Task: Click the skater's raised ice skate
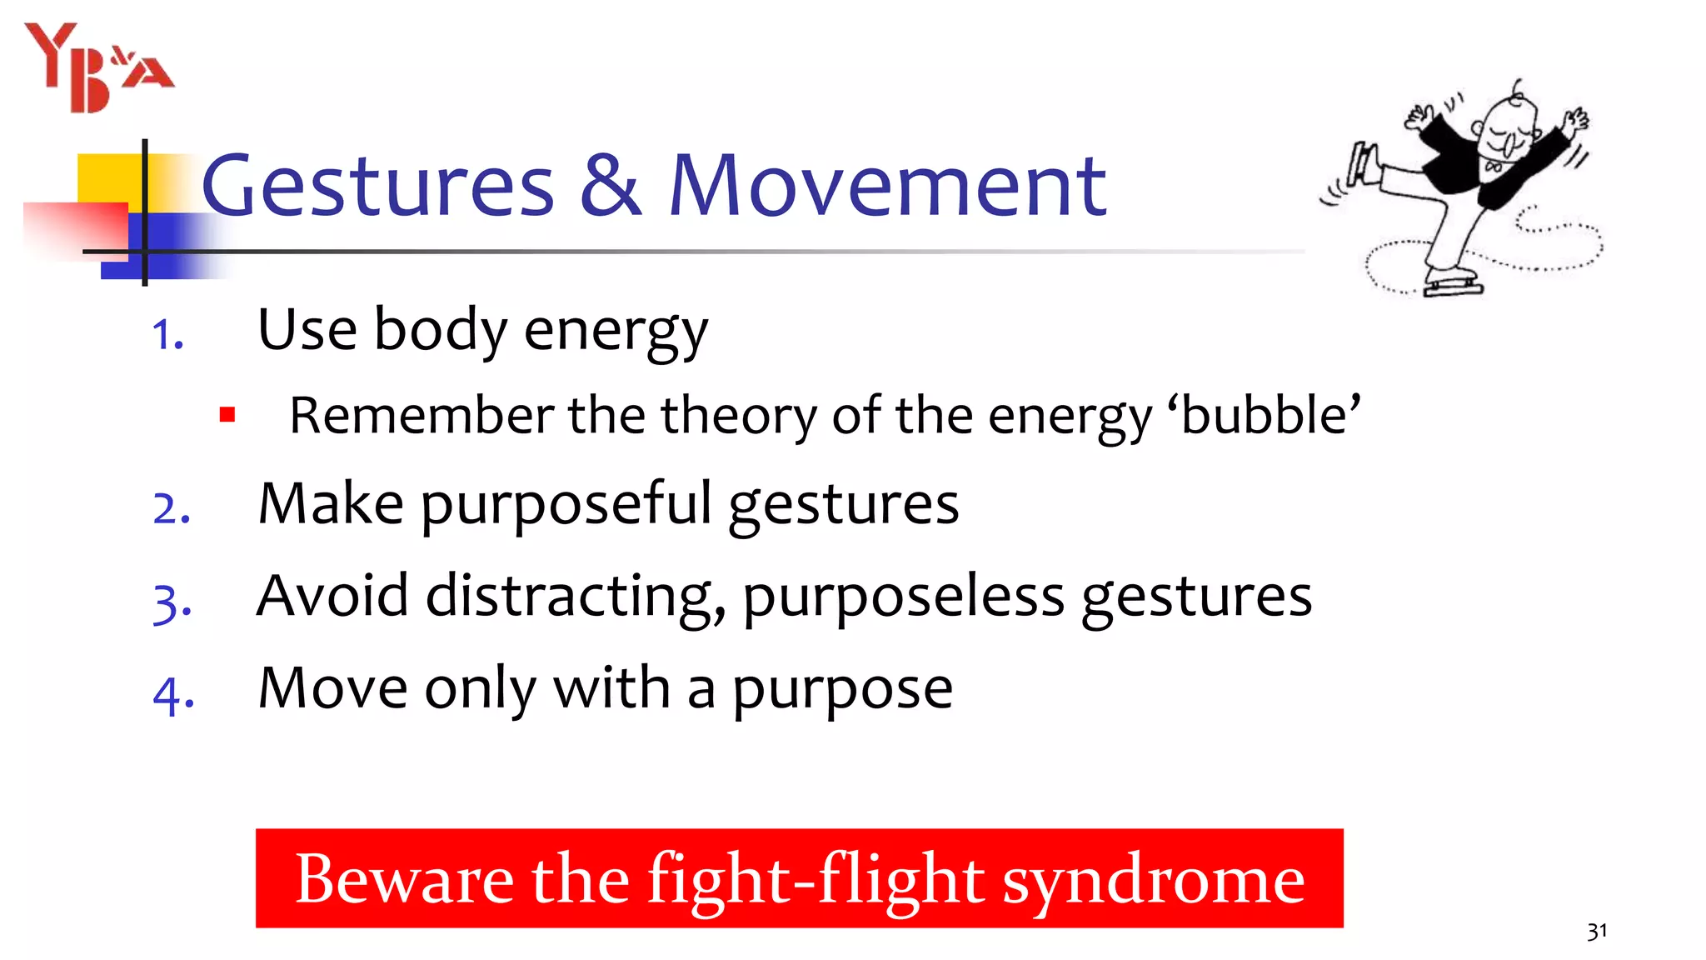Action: (1361, 163)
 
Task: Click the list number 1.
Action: (167, 335)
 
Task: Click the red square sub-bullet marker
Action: (227, 414)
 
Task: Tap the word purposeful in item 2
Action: (566, 505)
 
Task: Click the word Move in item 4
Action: (332, 688)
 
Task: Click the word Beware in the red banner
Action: (405, 880)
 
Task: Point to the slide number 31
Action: (1596, 932)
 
